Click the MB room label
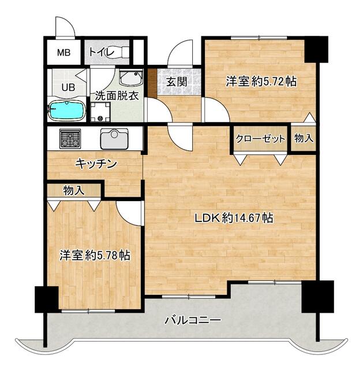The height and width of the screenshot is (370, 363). (x=64, y=53)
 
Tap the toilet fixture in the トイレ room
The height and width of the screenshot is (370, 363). (x=121, y=51)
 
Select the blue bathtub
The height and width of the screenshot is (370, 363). (x=67, y=110)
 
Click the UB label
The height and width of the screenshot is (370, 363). (x=68, y=87)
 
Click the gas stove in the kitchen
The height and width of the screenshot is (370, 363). (x=70, y=139)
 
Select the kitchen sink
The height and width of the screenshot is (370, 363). (x=114, y=139)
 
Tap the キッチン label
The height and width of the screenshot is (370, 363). (x=96, y=164)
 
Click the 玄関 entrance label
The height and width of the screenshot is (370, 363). (x=177, y=82)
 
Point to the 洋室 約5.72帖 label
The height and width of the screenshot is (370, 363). (x=261, y=82)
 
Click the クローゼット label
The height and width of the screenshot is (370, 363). (x=260, y=139)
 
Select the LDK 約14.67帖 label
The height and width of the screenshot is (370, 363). (x=234, y=218)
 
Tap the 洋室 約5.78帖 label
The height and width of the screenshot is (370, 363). (x=95, y=255)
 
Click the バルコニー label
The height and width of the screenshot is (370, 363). (x=193, y=320)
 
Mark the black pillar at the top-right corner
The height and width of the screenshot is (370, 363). (x=316, y=49)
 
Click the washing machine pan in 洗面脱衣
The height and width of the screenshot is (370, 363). (x=100, y=112)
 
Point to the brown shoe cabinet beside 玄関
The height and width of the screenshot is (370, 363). (x=152, y=83)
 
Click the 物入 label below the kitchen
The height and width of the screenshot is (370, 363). (x=74, y=190)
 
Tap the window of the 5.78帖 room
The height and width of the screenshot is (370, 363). (x=88, y=311)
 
